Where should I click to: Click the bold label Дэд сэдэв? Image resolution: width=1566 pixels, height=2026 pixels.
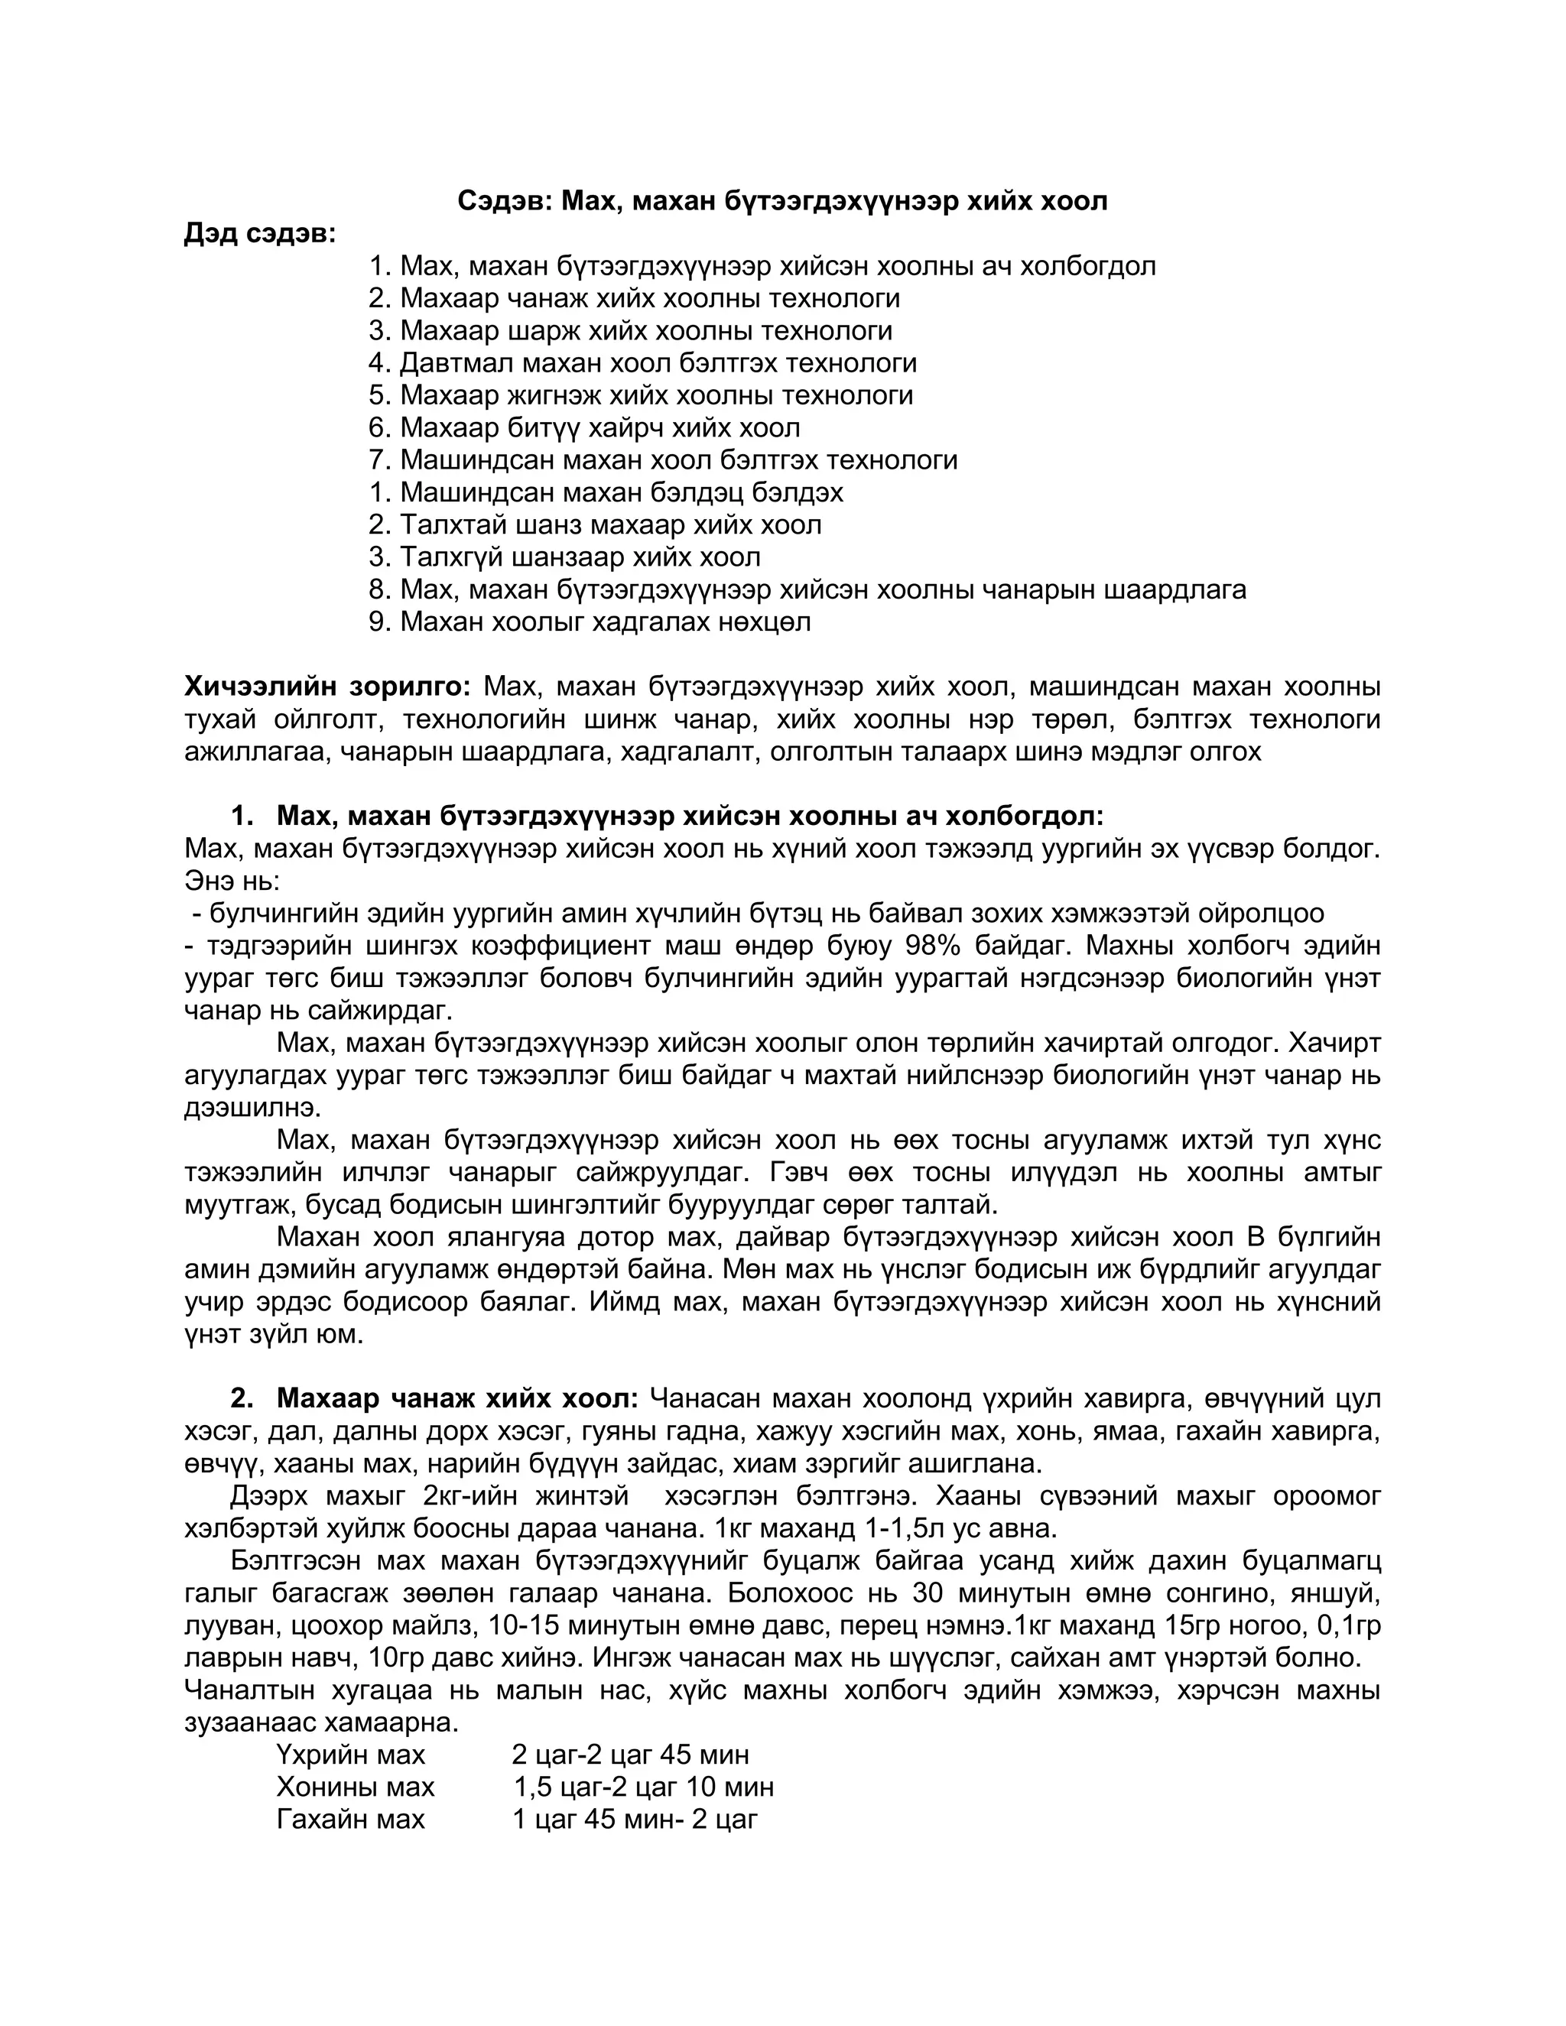click(x=260, y=234)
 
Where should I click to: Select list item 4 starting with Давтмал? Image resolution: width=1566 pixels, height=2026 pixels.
click(x=642, y=362)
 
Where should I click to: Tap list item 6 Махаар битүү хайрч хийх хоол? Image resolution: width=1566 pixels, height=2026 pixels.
click(x=583, y=427)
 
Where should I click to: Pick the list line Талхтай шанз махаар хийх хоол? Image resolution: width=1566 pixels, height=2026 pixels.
click(x=595, y=525)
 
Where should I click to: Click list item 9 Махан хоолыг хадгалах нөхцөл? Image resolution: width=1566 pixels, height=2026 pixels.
click(x=589, y=622)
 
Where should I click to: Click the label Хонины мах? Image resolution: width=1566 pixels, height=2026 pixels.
click(x=356, y=1787)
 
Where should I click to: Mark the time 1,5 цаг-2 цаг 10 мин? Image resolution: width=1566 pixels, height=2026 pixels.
click(x=643, y=1787)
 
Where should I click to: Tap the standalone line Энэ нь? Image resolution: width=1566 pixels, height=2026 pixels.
click(x=232, y=880)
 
